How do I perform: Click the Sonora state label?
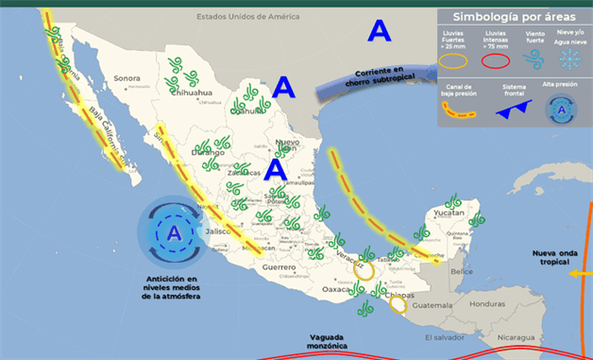[x=127, y=78]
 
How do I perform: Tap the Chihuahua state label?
[x=194, y=94]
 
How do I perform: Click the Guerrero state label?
[x=280, y=268]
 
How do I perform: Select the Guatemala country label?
[x=433, y=305]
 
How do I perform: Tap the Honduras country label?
[x=487, y=304]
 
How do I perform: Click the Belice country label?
[x=462, y=271]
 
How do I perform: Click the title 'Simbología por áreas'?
[x=510, y=16]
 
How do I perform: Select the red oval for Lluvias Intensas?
[x=497, y=60]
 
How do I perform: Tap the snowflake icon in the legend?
[x=571, y=59]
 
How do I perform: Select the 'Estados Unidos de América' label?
[x=247, y=17]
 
